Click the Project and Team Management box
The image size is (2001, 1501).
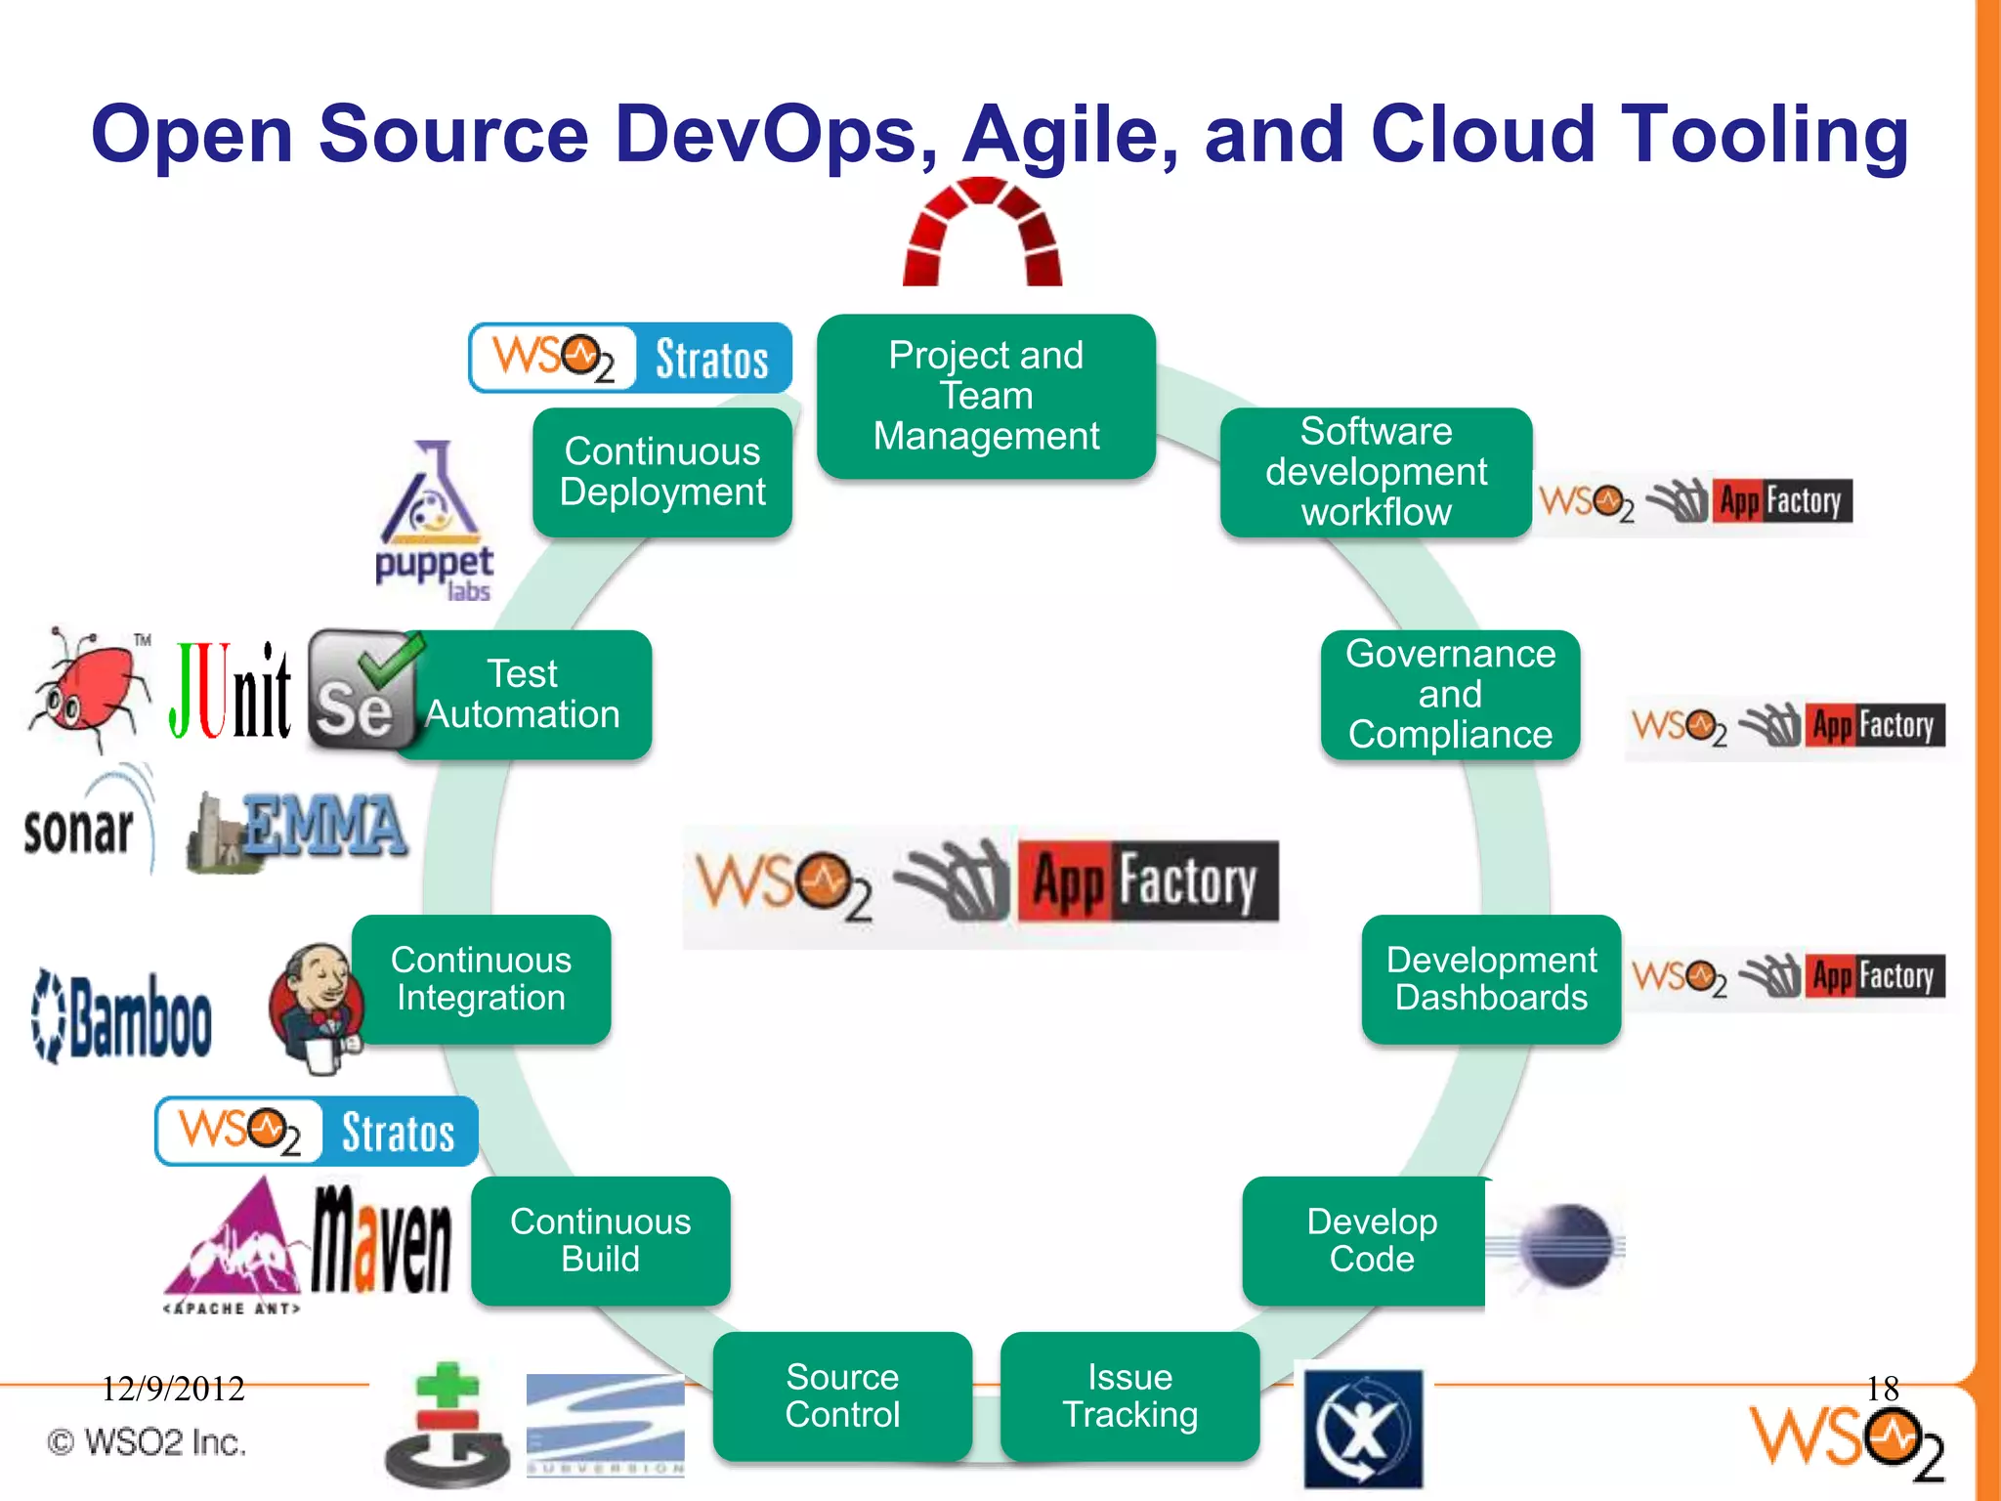(986, 396)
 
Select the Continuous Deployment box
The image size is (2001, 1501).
(662, 472)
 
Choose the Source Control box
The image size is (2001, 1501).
(842, 1395)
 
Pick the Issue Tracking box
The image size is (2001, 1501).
(1130, 1395)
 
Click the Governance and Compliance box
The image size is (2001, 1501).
(1450, 694)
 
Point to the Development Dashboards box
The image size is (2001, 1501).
(1491, 978)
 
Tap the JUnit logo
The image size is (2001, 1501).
(231, 690)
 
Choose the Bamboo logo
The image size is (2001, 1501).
(123, 1016)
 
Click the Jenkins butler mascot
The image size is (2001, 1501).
(315, 1007)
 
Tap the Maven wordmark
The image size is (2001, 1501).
(381, 1238)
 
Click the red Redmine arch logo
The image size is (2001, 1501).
(982, 233)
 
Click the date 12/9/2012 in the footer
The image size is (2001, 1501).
(173, 1389)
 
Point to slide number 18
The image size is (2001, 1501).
(1882, 1389)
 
